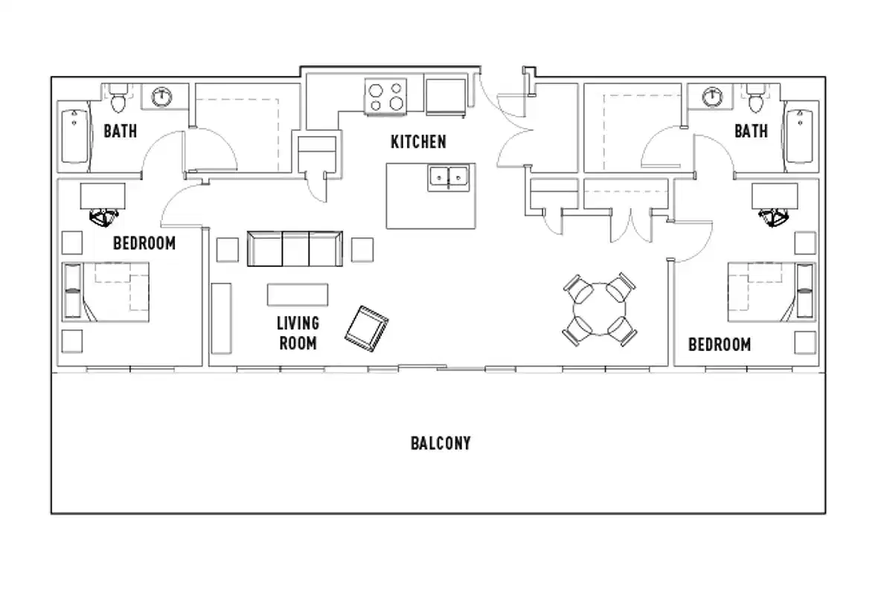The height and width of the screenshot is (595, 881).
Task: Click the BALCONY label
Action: point(440,443)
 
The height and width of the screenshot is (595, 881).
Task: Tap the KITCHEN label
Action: point(418,141)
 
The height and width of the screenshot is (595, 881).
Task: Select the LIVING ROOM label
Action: point(298,332)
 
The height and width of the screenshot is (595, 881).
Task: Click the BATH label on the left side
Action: point(120,131)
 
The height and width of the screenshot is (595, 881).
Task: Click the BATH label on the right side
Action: point(751,131)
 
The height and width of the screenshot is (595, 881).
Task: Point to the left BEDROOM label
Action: point(144,243)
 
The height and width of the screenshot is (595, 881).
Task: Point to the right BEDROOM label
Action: point(719,344)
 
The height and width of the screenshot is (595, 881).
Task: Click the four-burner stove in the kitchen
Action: point(387,97)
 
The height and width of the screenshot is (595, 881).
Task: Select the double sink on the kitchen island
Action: point(449,177)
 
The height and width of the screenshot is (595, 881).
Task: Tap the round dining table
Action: point(599,309)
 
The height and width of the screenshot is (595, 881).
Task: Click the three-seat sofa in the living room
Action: point(295,248)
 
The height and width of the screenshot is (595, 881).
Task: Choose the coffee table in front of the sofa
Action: point(298,295)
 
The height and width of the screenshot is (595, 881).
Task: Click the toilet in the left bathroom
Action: point(118,96)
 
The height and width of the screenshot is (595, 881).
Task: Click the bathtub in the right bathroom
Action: point(801,135)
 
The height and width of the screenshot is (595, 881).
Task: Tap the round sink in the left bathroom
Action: point(162,96)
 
